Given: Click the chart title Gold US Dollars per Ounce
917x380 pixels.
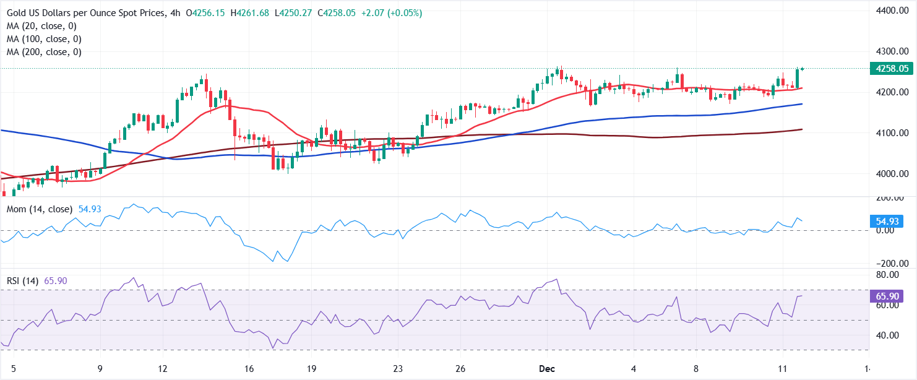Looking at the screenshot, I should (87, 13).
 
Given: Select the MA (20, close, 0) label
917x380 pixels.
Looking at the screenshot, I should (41, 26).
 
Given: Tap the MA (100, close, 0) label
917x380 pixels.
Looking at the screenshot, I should (43, 39).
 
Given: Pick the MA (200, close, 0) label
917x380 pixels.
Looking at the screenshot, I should (43, 52).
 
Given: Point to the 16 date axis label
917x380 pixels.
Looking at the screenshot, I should (249, 369).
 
